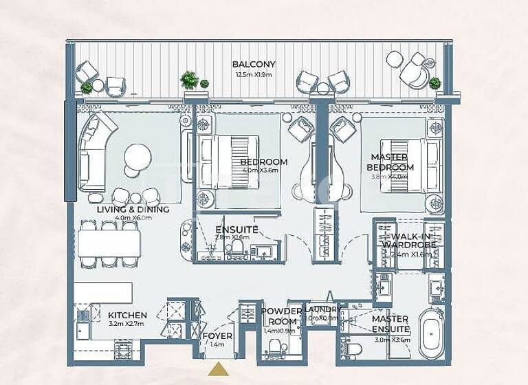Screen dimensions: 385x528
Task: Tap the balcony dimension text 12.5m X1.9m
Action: coord(254,74)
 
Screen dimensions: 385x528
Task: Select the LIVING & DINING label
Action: coord(133,210)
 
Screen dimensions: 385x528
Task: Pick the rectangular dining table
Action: coord(109,243)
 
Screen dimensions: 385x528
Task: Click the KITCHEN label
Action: coord(127,316)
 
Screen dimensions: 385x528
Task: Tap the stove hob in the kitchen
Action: coord(124,350)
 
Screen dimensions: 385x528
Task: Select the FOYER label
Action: coord(217,335)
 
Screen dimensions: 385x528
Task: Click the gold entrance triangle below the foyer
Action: coord(219,370)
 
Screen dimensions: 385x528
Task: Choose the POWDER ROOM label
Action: coord(282,316)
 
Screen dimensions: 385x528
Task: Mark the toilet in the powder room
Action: coord(275,346)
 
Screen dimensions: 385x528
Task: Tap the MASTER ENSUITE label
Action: coord(390,324)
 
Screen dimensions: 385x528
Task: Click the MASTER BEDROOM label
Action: coord(390,162)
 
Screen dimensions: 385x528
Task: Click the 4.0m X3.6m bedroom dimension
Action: coord(263,171)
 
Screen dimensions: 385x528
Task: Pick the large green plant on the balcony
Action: coord(189,80)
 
